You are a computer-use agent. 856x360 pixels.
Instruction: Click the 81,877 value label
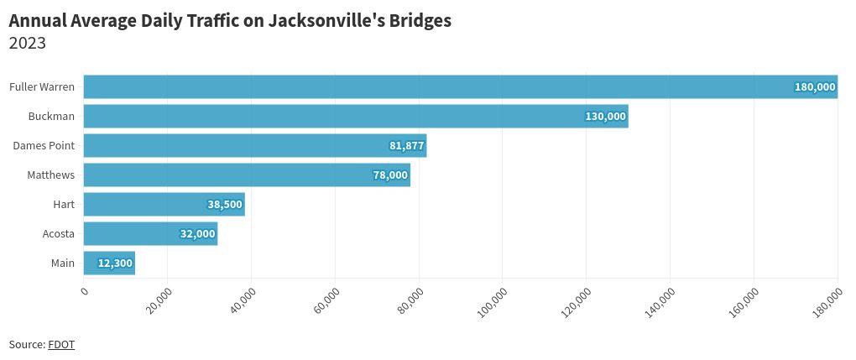[407, 146]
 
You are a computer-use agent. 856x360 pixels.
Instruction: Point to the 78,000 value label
[390, 175]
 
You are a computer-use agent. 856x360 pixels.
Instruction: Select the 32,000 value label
[198, 234]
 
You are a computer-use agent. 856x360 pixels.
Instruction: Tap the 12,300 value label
[115, 263]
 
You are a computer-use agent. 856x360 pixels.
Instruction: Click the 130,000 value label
[606, 117]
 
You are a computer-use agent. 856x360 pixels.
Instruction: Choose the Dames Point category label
[44, 146]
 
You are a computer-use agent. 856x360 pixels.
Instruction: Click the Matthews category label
[50, 175]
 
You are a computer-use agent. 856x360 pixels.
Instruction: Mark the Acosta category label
[59, 234]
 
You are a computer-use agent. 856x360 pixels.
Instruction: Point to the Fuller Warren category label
[42, 87]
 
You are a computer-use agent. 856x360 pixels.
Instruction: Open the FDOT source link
[61, 344]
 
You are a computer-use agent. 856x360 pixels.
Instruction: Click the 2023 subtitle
[27, 44]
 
